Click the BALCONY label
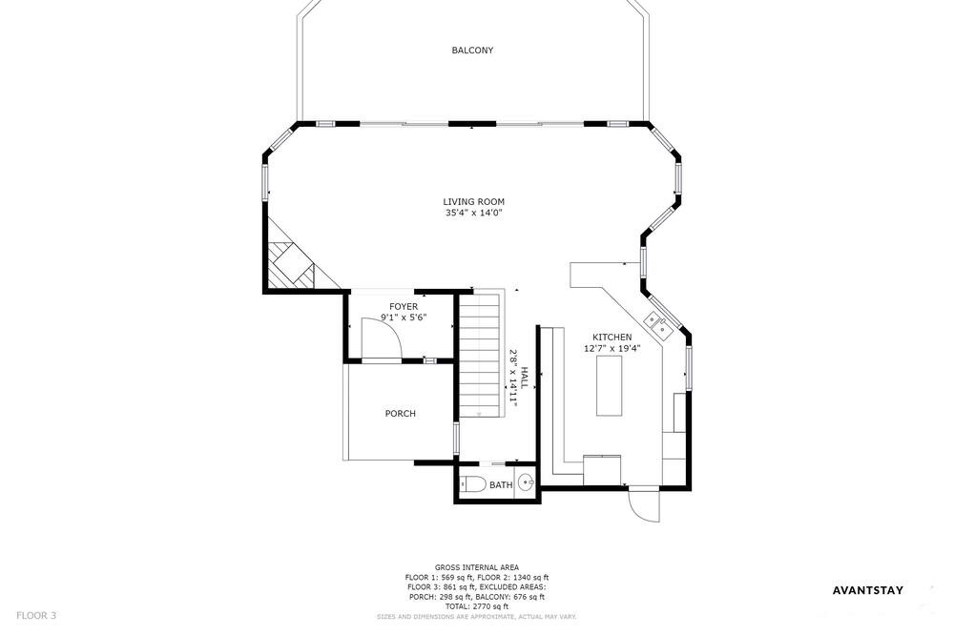[x=472, y=51]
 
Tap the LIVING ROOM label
[x=473, y=202]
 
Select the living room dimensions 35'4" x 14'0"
[x=473, y=213]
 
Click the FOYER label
[x=404, y=307]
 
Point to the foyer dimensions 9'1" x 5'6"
[x=404, y=317]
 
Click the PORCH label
[x=401, y=414]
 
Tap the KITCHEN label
[x=612, y=337]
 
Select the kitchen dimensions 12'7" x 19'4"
[x=612, y=349]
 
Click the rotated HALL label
[x=524, y=378]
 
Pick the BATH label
[x=501, y=485]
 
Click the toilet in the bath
[x=472, y=484]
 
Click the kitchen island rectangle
[x=609, y=385]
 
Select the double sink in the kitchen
[x=657, y=325]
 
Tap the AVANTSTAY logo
[x=867, y=590]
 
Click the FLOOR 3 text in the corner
[x=36, y=616]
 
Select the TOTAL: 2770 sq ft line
[x=476, y=606]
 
